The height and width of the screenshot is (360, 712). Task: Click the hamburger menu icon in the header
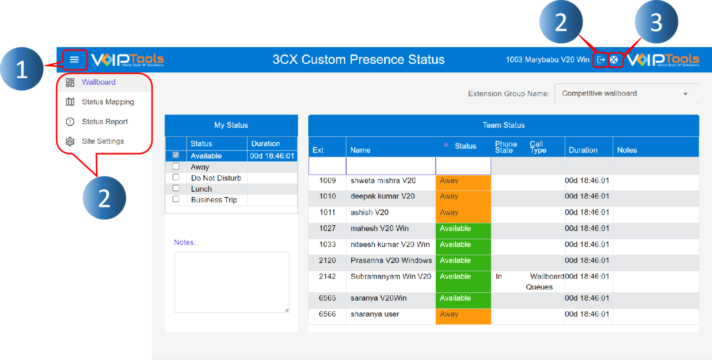click(74, 60)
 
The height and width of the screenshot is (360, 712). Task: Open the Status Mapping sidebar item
click(108, 102)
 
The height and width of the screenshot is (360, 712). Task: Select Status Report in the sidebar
click(105, 122)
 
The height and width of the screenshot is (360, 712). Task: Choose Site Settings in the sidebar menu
click(102, 141)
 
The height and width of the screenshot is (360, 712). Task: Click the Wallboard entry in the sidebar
click(98, 82)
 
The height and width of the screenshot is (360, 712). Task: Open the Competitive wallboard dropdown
click(626, 94)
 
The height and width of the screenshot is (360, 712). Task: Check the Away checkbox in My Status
click(176, 166)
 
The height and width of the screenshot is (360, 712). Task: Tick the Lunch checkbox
click(176, 188)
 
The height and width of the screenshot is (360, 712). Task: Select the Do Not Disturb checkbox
click(176, 177)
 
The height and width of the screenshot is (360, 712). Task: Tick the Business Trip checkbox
click(176, 199)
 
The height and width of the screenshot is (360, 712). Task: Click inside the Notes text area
click(232, 282)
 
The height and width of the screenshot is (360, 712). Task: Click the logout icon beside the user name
click(601, 60)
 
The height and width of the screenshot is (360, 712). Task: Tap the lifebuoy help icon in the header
click(614, 60)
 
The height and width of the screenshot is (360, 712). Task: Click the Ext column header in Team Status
click(318, 150)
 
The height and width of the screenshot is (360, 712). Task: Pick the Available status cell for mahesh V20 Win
click(463, 229)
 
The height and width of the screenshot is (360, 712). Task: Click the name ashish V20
click(369, 213)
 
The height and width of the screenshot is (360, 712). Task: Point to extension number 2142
click(327, 277)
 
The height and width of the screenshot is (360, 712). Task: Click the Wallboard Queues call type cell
click(545, 282)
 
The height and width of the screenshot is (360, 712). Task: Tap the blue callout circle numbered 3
click(656, 22)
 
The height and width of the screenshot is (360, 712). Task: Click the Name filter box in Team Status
click(390, 166)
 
